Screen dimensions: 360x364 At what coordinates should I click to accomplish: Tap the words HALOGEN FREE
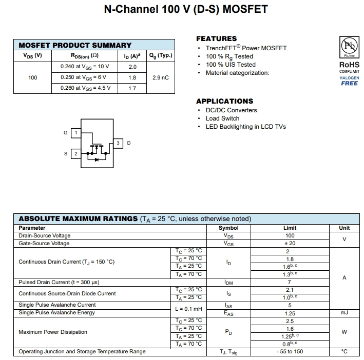349,81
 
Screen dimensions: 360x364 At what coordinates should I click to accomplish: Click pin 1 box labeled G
76,133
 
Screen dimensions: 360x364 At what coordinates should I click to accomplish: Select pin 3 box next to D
118,143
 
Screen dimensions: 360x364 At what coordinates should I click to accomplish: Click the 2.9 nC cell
161,77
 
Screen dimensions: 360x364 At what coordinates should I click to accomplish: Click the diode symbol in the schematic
97,159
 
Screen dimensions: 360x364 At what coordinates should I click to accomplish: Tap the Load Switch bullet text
222,118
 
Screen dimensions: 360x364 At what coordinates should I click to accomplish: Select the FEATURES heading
216,38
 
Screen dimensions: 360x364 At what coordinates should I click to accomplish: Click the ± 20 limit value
290,244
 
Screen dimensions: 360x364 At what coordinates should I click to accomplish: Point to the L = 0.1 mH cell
188,309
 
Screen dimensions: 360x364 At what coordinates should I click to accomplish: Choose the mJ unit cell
344,313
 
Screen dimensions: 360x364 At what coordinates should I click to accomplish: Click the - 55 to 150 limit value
290,352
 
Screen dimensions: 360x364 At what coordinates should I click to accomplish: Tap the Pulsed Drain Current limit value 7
290,283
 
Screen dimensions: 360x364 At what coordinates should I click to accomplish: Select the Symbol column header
228,228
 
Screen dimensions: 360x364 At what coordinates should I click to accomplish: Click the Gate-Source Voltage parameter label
44,244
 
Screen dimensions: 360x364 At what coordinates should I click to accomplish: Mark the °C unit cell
344,352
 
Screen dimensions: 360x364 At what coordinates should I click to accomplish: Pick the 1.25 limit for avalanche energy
290,313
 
